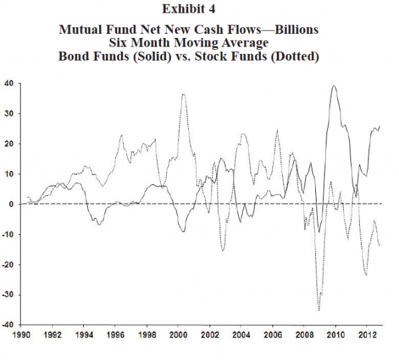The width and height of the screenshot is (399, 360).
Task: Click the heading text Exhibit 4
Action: (199, 9)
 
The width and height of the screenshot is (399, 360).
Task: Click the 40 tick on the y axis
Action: (9, 83)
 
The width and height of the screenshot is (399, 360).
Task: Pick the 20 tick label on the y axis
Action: (9, 144)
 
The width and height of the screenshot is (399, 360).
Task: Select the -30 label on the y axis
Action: (8, 295)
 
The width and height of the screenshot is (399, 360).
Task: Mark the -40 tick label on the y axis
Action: (8, 325)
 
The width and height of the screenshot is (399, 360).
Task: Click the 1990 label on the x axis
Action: (23, 337)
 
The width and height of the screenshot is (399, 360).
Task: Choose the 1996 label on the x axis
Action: (114, 337)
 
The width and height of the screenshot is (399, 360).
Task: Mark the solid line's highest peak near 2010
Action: (334, 86)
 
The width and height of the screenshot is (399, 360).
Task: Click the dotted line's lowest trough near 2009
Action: (319, 310)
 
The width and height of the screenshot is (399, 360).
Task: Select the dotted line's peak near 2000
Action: (183, 94)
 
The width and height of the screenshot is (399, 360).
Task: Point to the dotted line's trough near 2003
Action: (223, 250)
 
